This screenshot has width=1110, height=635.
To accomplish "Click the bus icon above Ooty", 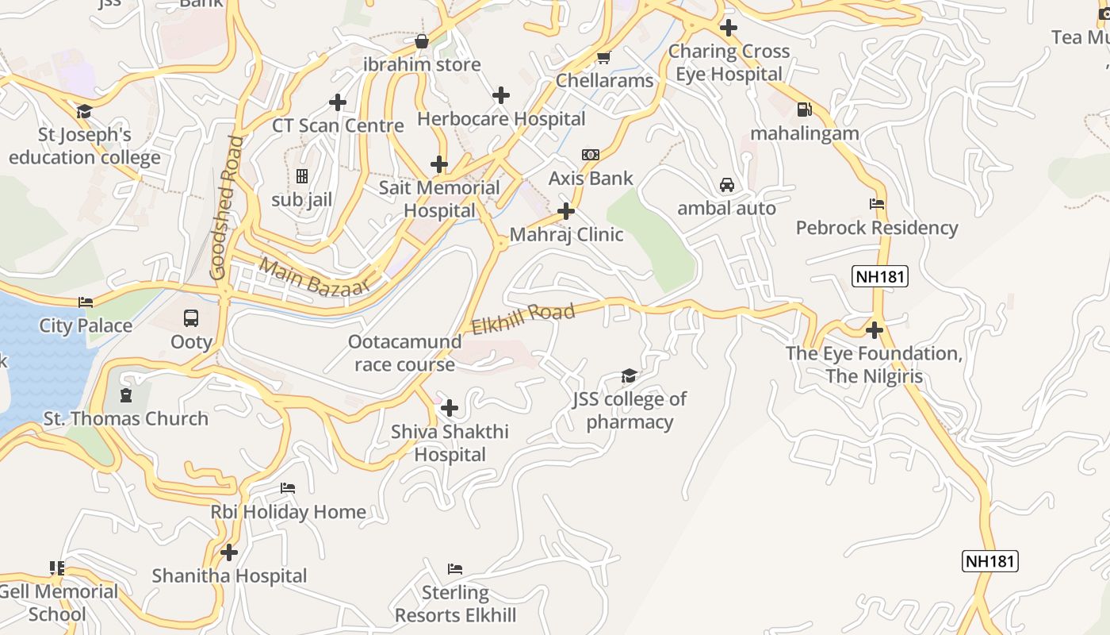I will [191, 318].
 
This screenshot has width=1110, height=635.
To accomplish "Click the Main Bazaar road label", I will [315, 279].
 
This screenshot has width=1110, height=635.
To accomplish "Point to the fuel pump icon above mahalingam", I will [804, 110].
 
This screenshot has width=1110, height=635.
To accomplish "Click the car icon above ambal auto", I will [726, 185].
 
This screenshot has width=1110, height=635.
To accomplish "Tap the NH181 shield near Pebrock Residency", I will [880, 276].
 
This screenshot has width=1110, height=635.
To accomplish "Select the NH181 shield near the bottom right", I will [989, 561].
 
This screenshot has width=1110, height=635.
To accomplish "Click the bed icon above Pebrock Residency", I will [877, 204].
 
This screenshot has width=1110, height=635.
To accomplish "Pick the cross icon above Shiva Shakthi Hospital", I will [450, 408].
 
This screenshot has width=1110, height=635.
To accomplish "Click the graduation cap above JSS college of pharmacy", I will [629, 375].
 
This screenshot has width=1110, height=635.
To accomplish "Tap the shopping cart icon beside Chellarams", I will [603, 57].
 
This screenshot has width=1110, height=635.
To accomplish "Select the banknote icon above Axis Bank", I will [591, 155].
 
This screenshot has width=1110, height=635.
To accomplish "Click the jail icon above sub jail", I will [301, 175].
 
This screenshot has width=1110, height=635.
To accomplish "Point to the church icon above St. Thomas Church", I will [125, 394].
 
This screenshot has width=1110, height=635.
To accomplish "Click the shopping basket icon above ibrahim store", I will [422, 40].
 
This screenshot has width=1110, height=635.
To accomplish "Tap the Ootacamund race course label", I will [404, 353].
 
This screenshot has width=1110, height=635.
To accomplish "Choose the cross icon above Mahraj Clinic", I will [566, 211].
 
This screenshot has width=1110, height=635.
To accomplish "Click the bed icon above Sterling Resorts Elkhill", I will [455, 568].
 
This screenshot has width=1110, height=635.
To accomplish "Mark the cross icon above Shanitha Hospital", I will [229, 552].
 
